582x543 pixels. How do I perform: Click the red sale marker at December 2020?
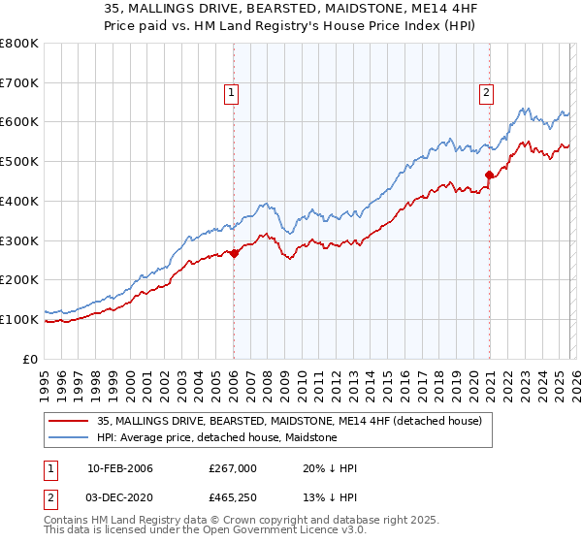490,176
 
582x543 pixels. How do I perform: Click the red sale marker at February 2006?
235,253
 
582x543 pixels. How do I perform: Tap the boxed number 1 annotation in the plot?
233,93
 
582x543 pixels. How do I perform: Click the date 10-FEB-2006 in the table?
120,468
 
